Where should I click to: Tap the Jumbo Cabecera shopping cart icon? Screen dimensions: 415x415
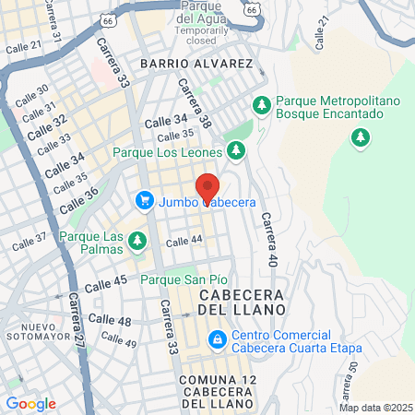click(144, 199)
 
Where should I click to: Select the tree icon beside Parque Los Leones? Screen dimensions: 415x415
click(237, 149)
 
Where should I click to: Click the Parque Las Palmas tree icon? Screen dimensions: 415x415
click(137, 242)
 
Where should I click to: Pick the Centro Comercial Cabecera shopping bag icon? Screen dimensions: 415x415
click(216, 340)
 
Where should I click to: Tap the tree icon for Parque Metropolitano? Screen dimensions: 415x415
click(261, 105)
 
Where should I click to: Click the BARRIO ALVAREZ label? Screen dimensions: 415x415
click(196, 64)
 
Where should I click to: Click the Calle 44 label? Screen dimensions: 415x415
click(184, 242)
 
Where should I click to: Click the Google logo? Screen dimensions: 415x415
click(30, 404)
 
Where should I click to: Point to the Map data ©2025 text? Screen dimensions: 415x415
click(373, 408)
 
